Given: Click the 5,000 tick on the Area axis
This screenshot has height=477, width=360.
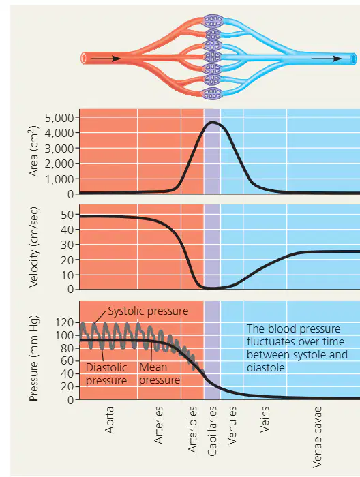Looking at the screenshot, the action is click(x=59, y=118).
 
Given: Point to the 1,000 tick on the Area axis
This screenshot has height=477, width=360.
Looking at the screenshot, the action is click(x=59, y=179).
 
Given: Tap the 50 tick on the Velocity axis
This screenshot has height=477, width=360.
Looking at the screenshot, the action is click(x=67, y=215).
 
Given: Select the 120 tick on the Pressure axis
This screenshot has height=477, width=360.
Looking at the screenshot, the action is click(x=64, y=322).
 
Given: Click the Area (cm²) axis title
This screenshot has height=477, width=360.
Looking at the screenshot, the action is click(x=34, y=151).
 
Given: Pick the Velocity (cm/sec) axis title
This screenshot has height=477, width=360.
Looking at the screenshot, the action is click(x=34, y=247).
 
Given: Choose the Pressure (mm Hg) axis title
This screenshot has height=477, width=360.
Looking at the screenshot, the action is click(x=34, y=358).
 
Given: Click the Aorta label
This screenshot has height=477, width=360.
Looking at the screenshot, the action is click(x=109, y=420).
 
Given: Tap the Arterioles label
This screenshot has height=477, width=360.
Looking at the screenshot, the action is click(x=192, y=429).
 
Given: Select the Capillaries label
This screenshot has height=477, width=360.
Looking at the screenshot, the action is click(x=212, y=431).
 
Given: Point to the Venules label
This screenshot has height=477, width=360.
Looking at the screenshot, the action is click(x=232, y=425).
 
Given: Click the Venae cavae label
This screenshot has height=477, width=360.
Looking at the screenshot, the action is click(x=317, y=437).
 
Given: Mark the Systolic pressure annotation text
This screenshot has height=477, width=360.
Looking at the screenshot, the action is click(x=148, y=311).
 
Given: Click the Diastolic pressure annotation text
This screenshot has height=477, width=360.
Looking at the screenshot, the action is click(x=106, y=374).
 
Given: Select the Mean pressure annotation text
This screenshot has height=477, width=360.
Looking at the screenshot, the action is click(x=160, y=373).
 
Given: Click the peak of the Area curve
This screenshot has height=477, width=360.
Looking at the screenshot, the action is click(x=213, y=122).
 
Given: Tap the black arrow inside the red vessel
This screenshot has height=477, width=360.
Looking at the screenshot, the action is click(x=106, y=59).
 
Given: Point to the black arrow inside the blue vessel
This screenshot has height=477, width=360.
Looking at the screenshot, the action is click(x=326, y=59).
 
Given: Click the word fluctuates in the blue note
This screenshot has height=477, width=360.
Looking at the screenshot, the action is click(x=269, y=341).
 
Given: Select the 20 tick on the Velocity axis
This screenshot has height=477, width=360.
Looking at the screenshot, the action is click(x=67, y=260).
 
